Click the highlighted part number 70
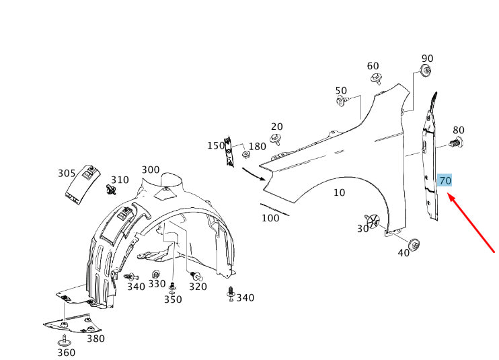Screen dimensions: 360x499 [x=445, y=180]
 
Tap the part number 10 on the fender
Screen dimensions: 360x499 [x=339, y=192]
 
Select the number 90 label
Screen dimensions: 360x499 [x=427, y=59]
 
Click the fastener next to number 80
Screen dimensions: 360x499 [x=454, y=143]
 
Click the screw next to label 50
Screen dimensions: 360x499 [x=342, y=102]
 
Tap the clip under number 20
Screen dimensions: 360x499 [x=276, y=140]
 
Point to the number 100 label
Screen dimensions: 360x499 [x=270, y=218]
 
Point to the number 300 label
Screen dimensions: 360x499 [x=151, y=170]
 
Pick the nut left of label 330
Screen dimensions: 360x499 [x=156, y=275]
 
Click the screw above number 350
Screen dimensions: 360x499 [x=172, y=287]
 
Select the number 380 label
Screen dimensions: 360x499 [x=95, y=338]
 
